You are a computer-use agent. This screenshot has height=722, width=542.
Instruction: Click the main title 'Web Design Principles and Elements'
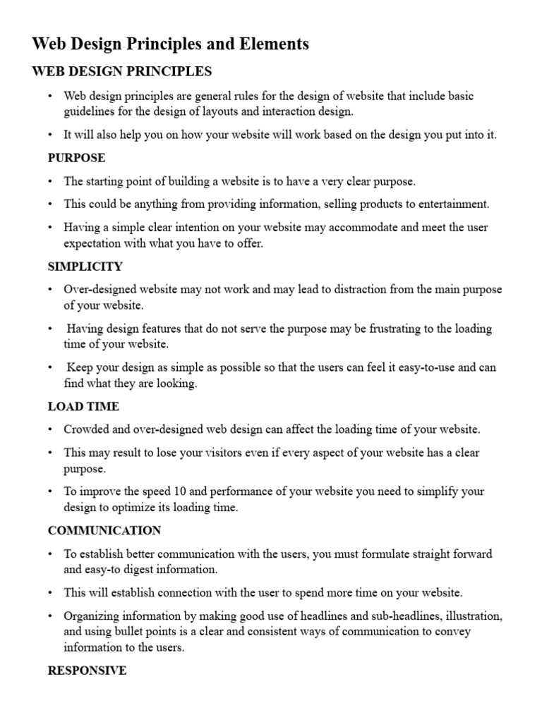click(x=171, y=44)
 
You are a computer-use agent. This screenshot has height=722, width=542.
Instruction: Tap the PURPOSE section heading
click(x=76, y=158)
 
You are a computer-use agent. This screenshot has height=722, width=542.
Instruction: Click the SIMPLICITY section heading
click(x=85, y=267)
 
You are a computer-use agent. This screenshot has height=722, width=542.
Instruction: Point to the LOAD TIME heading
click(x=83, y=406)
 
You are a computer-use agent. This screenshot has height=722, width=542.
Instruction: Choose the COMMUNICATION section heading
click(x=104, y=530)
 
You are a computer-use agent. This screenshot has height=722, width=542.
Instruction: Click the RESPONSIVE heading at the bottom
click(x=87, y=671)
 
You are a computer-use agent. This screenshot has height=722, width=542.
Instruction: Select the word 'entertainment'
click(x=454, y=204)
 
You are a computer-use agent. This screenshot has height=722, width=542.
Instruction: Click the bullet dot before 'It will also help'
click(x=50, y=135)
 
